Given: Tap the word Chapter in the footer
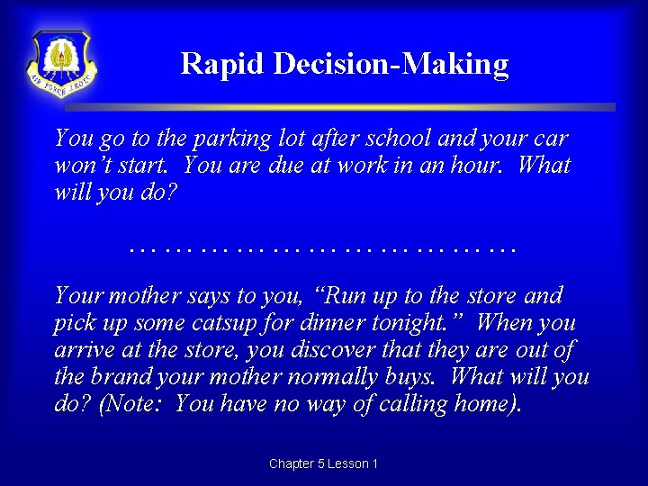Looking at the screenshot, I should tap(291, 464).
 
